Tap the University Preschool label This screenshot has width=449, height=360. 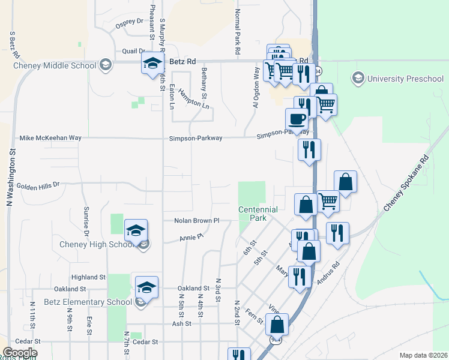coord(405,79)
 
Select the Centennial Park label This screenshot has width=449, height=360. coord(258,214)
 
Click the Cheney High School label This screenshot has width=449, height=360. coord(96,244)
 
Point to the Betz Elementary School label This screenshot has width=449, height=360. coord(88,302)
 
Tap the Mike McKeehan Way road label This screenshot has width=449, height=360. coord(50,138)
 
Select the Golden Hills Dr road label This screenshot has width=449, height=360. coord(38,186)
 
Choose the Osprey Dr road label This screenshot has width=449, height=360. coord(131,22)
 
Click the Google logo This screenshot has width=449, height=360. coord(20,353)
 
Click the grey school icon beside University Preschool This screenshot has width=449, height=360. coord(358,78)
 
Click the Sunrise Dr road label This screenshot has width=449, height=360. coord(86,221)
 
